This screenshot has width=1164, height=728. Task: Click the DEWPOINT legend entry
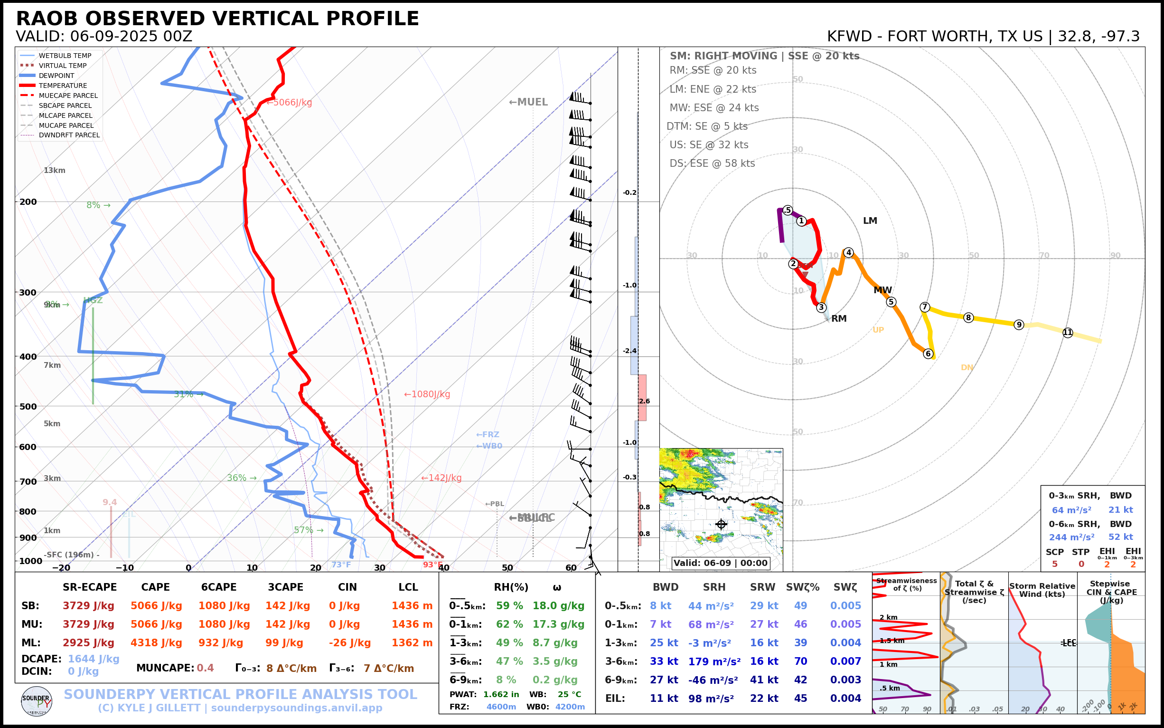[x=56, y=76]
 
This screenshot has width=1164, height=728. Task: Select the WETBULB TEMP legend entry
[x=65, y=56]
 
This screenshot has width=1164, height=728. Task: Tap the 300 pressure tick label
[x=28, y=293]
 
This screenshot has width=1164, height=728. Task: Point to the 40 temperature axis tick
[x=443, y=568]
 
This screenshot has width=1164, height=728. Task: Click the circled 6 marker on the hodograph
[x=929, y=354]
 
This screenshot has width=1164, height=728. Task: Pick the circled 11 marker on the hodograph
[x=1068, y=333]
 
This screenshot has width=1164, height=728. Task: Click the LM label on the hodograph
[x=870, y=221]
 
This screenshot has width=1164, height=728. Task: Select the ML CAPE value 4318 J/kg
[x=156, y=643]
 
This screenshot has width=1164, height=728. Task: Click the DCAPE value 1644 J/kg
[x=94, y=659]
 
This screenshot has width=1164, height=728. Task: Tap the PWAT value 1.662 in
[x=501, y=694]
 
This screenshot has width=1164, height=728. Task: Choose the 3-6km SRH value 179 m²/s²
[x=714, y=661]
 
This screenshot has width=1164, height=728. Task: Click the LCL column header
[x=408, y=587]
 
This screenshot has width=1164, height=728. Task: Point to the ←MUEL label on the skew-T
[x=528, y=102]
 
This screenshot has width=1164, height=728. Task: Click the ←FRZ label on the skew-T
[x=488, y=435]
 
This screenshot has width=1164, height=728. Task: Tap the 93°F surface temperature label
[x=432, y=565]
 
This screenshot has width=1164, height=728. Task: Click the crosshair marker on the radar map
[x=721, y=524]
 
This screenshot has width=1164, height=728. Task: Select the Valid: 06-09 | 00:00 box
[x=720, y=563]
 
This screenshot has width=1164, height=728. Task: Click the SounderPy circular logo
[x=37, y=701]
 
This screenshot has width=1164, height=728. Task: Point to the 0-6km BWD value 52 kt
[x=1121, y=537]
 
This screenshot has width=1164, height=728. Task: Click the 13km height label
[x=54, y=171]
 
